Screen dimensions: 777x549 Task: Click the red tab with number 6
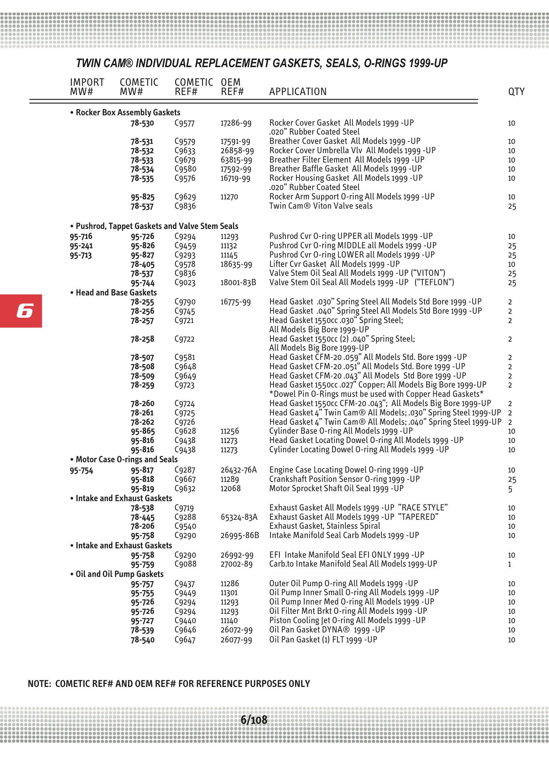click(x=21, y=311)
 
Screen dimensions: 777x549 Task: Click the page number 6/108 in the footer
click(x=254, y=720)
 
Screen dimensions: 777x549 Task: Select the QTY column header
click(x=516, y=92)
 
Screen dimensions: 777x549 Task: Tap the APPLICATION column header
click(x=298, y=92)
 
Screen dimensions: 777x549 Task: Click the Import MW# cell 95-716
click(x=81, y=236)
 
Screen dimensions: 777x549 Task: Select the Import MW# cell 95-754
click(x=81, y=470)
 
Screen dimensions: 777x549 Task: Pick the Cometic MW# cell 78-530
click(x=142, y=123)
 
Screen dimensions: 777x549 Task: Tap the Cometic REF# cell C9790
click(x=185, y=302)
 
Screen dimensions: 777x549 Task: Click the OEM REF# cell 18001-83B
click(x=238, y=282)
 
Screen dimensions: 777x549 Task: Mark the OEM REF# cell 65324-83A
click(x=239, y=517)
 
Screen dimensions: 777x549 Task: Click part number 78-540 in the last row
click(x=143, y=640)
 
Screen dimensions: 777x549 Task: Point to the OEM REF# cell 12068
click(x=231, y=489)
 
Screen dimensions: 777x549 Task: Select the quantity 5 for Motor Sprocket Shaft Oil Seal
click(x=510, y=489)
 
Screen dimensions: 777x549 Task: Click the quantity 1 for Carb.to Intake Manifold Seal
click(x=509, y=564)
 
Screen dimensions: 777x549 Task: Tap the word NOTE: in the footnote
click(x=39, y=684)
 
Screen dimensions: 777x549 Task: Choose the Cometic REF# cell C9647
click(x=185, y=640)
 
